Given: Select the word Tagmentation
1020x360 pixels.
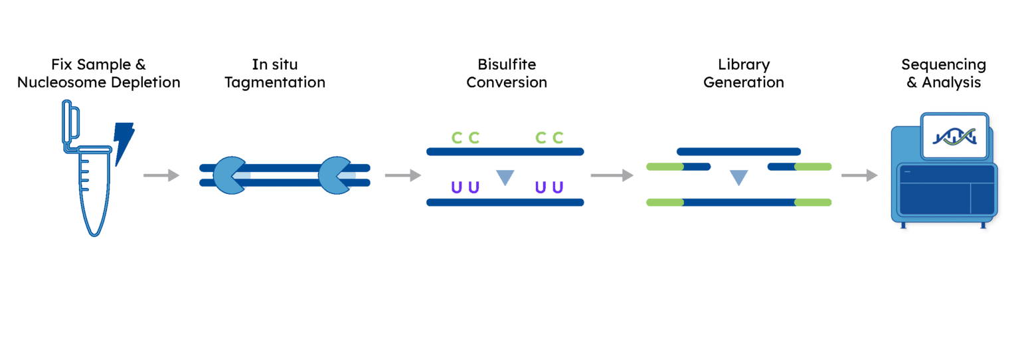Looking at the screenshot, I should tap(275, 83).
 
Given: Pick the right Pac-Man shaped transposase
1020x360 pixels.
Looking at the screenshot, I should tap(333, 175).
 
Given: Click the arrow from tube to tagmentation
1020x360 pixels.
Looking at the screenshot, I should tap(161, 175).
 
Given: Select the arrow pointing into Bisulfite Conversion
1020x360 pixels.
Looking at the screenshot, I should tap(403, 175).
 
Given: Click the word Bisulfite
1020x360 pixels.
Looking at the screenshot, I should tap(506, 65).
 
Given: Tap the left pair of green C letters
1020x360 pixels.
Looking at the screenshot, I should tap(465, 138).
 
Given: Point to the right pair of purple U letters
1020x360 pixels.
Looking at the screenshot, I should tap(549, 187).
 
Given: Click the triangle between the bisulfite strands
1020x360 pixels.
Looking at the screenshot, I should tap(505, 177).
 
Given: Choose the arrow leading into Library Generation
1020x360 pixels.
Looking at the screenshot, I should tap(611, 175).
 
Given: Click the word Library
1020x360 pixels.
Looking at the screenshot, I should tap(744, 65).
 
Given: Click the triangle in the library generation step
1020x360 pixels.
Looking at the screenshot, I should tap(738, 177).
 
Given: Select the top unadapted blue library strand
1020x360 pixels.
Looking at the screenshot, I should tap(738, 151).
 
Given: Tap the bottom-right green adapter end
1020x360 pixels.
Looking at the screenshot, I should tap(813, 202).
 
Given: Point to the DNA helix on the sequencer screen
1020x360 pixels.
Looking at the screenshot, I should tap(955, 136).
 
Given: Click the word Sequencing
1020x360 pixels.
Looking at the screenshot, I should tap(943, 65).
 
